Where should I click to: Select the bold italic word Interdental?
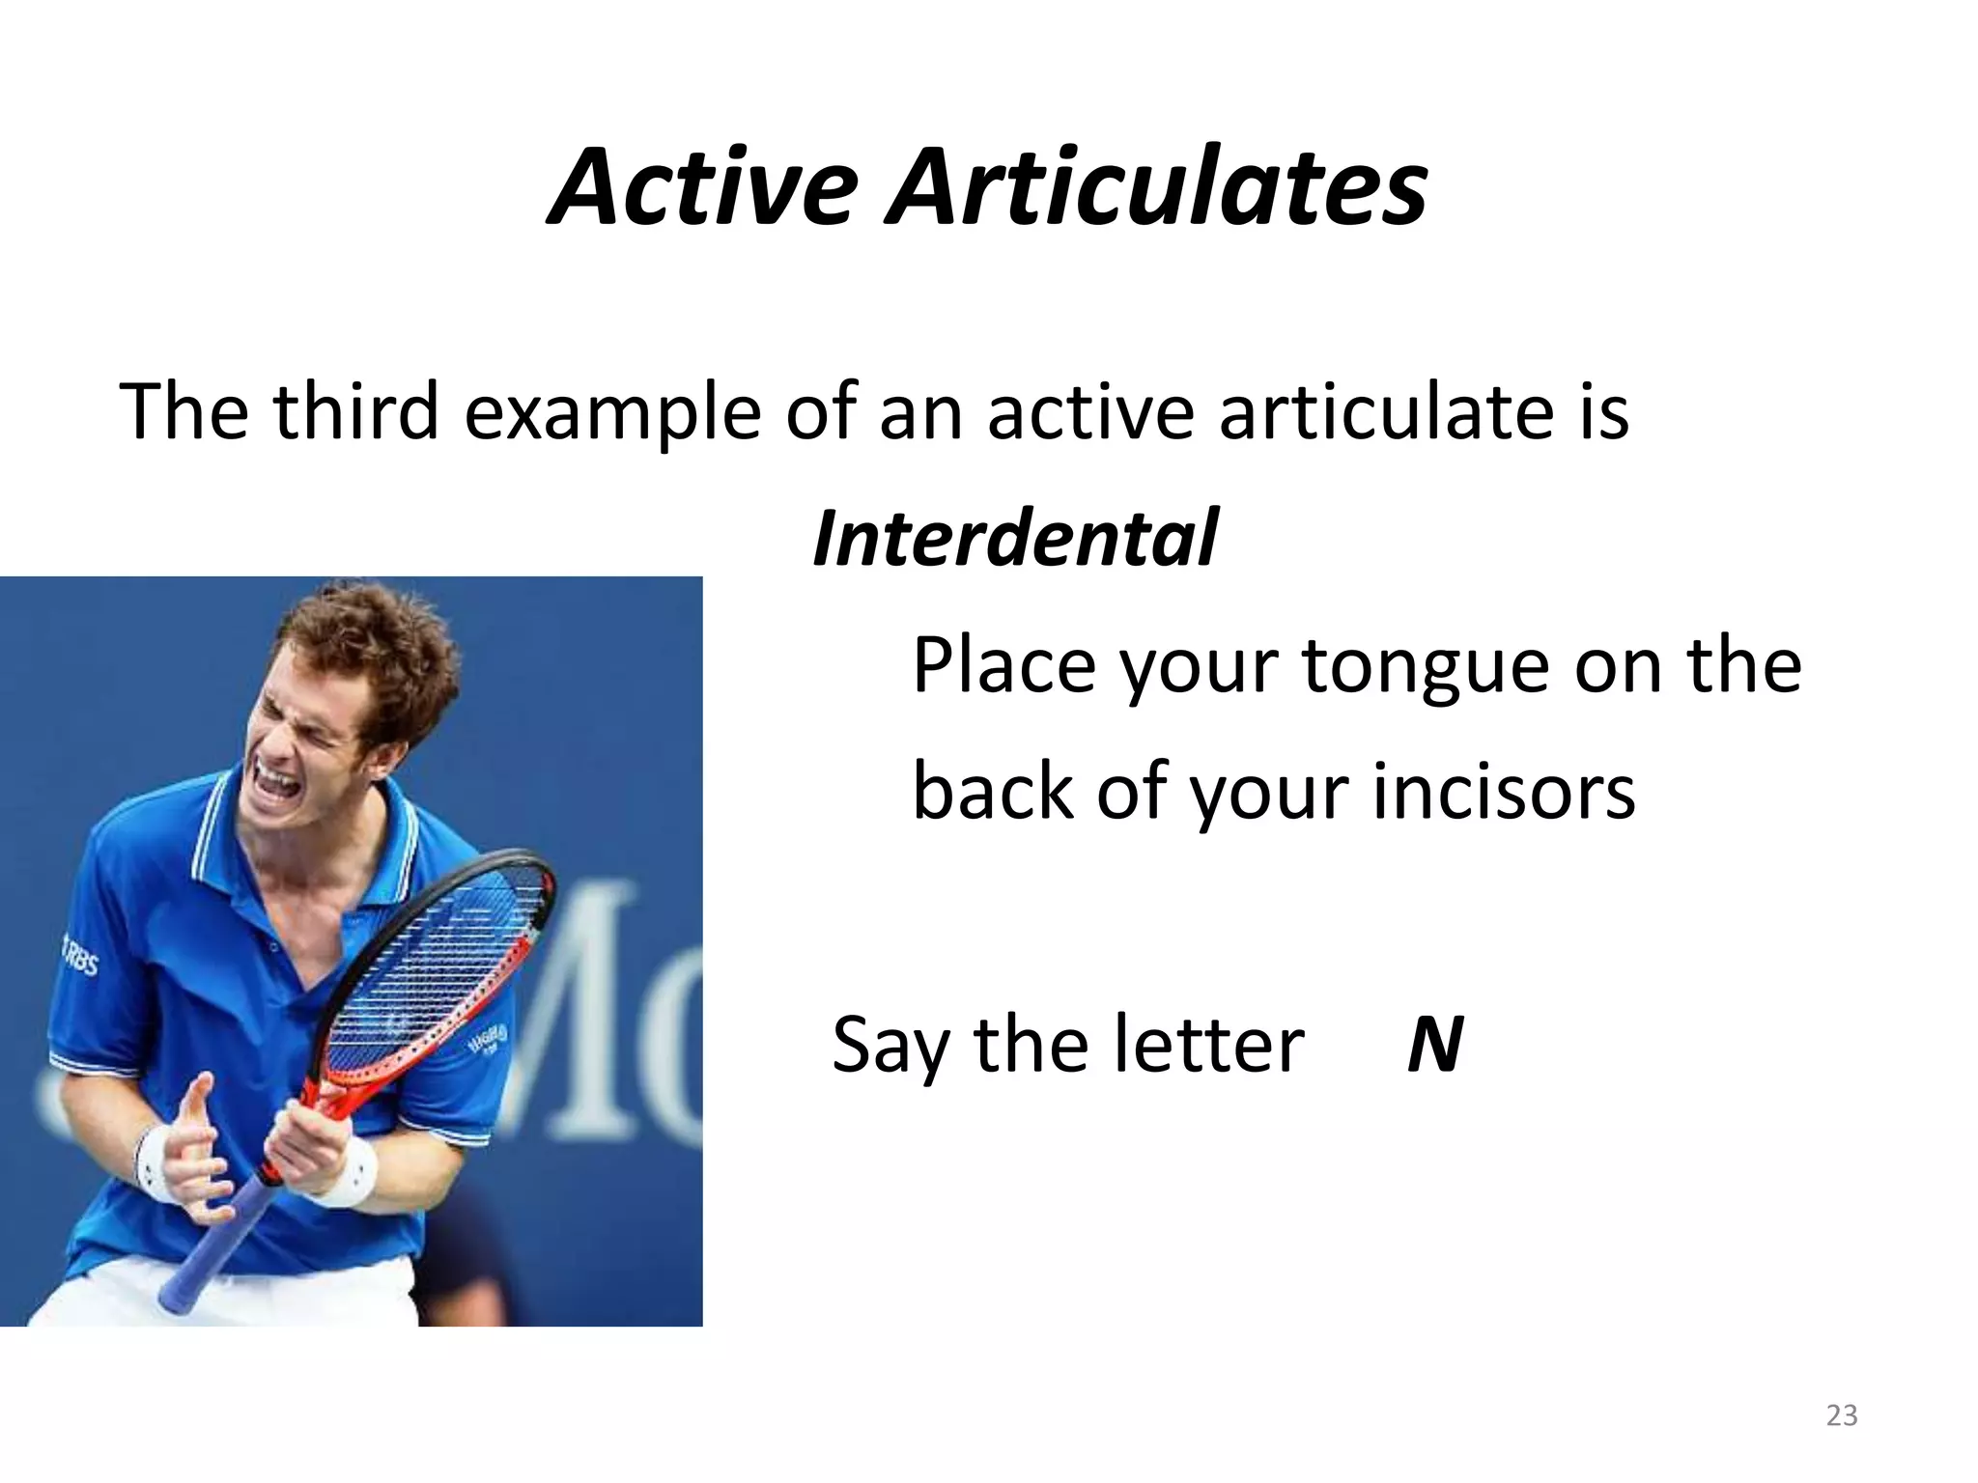click(x=1014, y=538)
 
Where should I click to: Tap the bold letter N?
click(x=1434, y=1045)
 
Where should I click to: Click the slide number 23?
click(x=1842, y=1415)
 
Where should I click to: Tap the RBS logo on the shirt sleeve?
click(x=80, y=955)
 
